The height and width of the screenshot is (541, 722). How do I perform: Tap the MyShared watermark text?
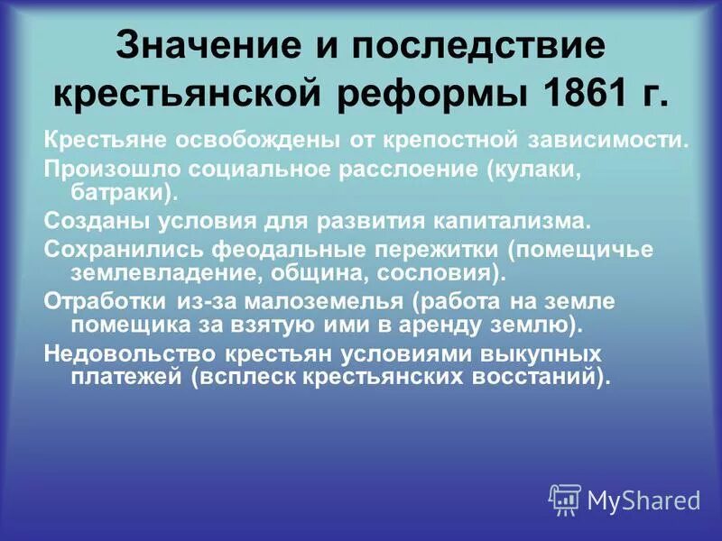[643, 499]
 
